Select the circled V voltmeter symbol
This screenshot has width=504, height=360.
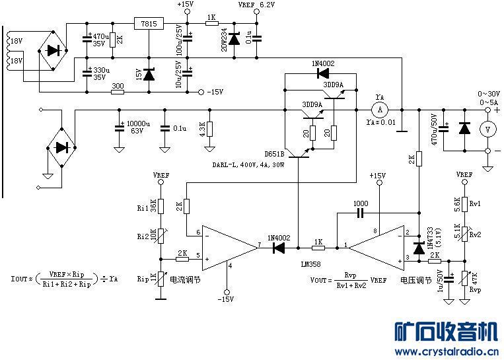click(487, 129)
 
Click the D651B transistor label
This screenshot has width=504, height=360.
click(275, 154)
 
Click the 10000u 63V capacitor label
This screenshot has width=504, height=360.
click(138, 126)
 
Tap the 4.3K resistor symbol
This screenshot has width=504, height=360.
click(209, 129)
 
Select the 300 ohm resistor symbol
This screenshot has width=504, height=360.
click(118, 92)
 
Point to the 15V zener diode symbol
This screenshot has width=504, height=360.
click(148, 74)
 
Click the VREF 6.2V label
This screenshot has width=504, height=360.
click(256, 5)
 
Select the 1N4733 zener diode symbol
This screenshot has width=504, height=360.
click(418, 248)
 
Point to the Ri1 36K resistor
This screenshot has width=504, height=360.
click(161, 207)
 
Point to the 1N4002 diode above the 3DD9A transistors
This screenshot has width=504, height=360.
click(323, 73)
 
